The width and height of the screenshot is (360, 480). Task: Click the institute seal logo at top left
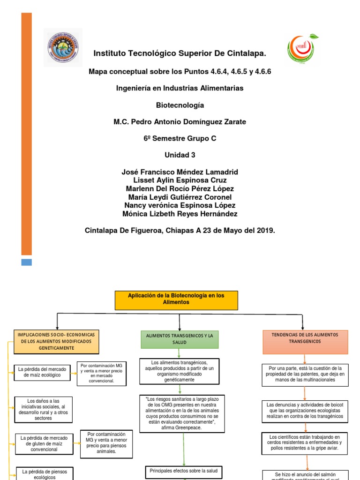[x=63, y=47]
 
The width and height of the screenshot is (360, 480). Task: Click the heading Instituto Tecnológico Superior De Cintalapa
[x=180, y=54]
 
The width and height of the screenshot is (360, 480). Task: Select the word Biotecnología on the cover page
[x=180, y=105]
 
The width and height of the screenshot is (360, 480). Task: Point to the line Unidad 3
[x=180, y=155]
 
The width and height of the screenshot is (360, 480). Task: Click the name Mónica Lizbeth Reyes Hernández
[x=180, y=214]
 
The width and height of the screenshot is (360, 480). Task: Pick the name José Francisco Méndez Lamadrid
[x=180, y=172]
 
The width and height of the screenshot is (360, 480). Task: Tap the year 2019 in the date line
[x=266, y=231]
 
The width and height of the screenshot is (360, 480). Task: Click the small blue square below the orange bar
[x=27, y=262]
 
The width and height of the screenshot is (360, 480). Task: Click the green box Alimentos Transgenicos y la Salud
[x=180, y=339]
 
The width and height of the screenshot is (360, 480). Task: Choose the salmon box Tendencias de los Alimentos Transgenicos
[x=305, y=342]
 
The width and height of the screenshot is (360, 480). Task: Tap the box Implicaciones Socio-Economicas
[x=56, y=342]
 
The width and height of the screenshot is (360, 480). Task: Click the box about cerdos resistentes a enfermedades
[x=305, y=442]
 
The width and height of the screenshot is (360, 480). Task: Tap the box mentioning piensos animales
[x=106, y=443]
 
